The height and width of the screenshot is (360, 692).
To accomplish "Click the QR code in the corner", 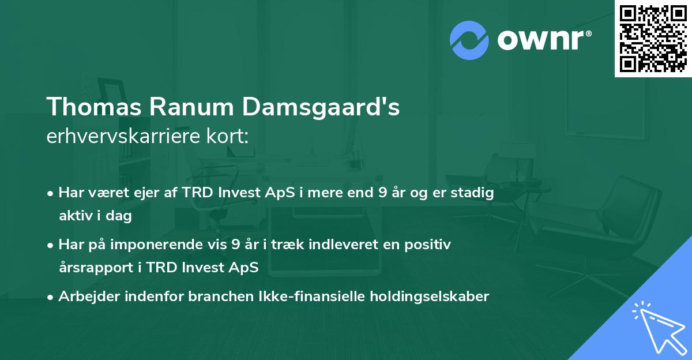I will coord(653,38).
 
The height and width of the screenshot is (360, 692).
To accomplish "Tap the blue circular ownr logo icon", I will coord(469,40).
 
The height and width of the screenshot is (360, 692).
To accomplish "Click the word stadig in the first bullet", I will coord(475,193).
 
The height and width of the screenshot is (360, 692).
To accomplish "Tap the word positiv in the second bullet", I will coord(430,245).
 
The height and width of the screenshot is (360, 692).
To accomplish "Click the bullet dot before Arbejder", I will coord(51,297).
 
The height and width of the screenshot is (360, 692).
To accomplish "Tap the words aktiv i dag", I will coord(95,216).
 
